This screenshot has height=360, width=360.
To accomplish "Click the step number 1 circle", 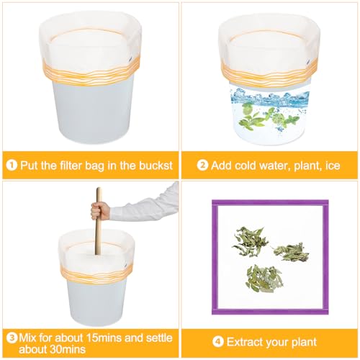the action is pos(12,166).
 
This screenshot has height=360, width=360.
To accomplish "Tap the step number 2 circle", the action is pos(202,166).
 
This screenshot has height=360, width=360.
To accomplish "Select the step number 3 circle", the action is pos(12,338).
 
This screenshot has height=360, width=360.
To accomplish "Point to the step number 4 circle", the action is pos(218,342).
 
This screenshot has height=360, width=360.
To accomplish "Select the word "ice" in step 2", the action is pos(333,166).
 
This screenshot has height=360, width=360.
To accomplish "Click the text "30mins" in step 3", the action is pos(68,349).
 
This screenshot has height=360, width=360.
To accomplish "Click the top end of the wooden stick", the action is pos(99,189).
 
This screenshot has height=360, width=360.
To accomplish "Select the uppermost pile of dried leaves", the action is pos(250,242).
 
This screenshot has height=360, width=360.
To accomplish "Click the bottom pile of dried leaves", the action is pos(264,279).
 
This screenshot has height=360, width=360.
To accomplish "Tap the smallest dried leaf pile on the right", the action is pos(290,252).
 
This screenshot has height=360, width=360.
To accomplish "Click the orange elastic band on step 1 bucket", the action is pos(91,72).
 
